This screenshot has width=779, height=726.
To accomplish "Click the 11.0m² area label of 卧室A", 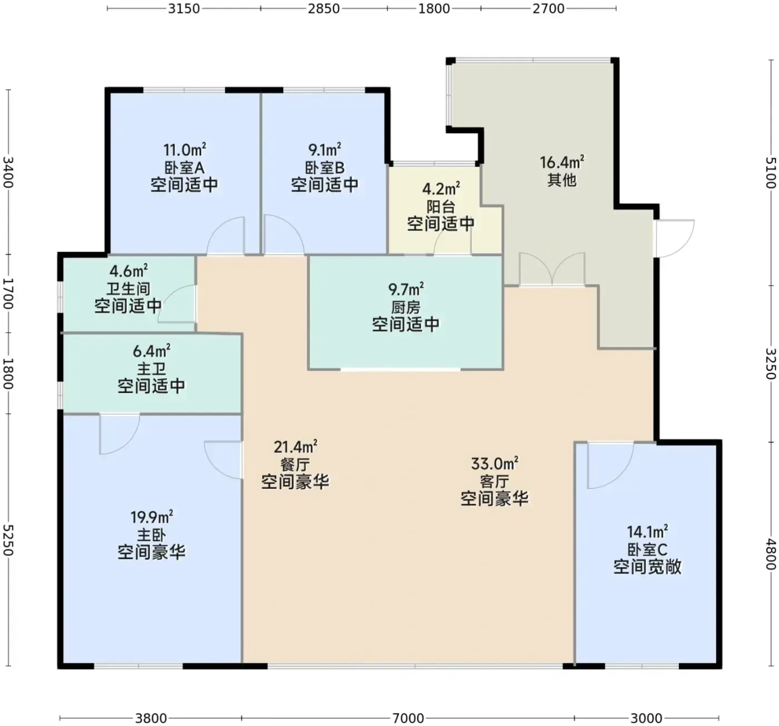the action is [184, 150].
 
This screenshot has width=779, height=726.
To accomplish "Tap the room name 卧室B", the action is [325, 168].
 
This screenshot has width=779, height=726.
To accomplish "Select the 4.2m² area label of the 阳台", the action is [441, 189].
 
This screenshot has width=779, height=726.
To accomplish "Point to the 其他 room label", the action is [561, 180].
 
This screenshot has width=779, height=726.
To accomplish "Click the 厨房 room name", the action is [406, 307].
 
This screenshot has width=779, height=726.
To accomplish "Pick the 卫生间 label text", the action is [129, 288].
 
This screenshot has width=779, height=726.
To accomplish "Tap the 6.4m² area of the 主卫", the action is [151, 351].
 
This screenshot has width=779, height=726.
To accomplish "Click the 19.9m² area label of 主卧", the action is [151, 517].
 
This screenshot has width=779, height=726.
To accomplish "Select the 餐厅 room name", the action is [295, 464].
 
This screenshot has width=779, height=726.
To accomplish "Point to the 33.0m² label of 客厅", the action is [494, 464].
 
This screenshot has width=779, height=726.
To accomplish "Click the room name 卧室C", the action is [647, 550].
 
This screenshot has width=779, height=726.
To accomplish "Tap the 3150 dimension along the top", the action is [184, 8].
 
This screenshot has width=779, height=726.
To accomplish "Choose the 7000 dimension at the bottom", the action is [408, 718].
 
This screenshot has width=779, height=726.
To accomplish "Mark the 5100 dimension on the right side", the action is [770, 173].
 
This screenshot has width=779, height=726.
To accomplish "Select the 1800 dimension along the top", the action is [434, 8].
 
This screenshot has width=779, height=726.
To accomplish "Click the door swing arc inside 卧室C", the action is [620, 475].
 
